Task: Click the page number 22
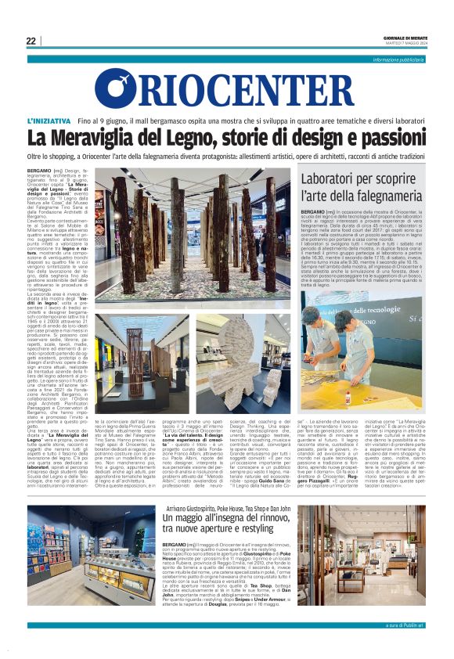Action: (31, 41)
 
